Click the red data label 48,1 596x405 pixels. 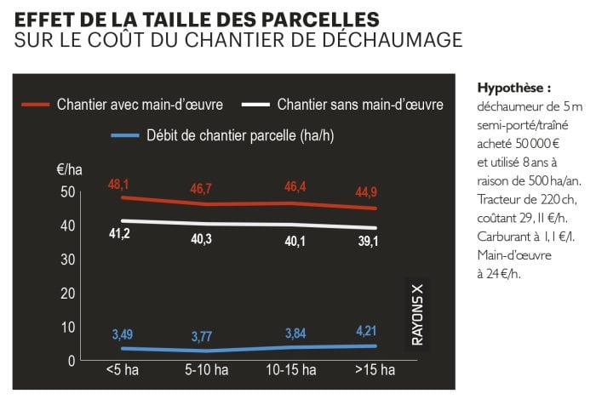pos(119,184)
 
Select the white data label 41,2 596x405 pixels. pos(118,232)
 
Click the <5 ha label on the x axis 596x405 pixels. pos(122,370)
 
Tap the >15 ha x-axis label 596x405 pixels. pos(375,370)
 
